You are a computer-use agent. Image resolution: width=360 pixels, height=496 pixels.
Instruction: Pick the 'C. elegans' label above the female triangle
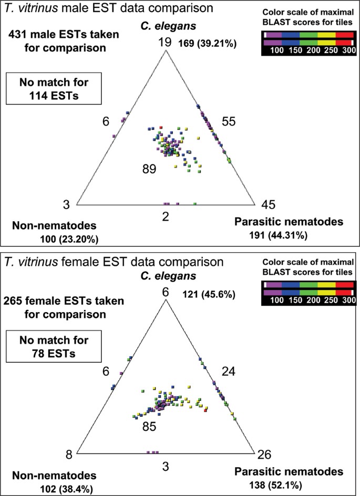(166, 276)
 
